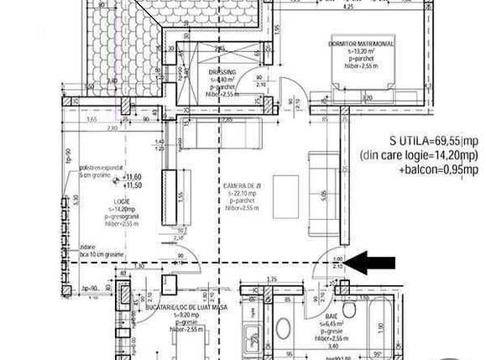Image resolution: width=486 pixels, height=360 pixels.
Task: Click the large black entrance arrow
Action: pos(371,263)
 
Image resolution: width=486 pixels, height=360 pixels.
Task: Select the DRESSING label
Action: pos(222,73)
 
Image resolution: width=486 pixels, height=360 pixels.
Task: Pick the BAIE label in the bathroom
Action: pos(332,316)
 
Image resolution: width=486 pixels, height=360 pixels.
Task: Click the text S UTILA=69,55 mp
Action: pos(433,141)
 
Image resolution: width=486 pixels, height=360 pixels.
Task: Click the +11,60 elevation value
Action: pos(130,177)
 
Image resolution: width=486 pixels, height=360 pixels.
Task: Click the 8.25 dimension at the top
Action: pos(348,6)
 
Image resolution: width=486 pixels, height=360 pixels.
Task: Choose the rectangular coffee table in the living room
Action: pos(286,197)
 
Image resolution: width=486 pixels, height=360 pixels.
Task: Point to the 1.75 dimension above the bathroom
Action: pos(270,279)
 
